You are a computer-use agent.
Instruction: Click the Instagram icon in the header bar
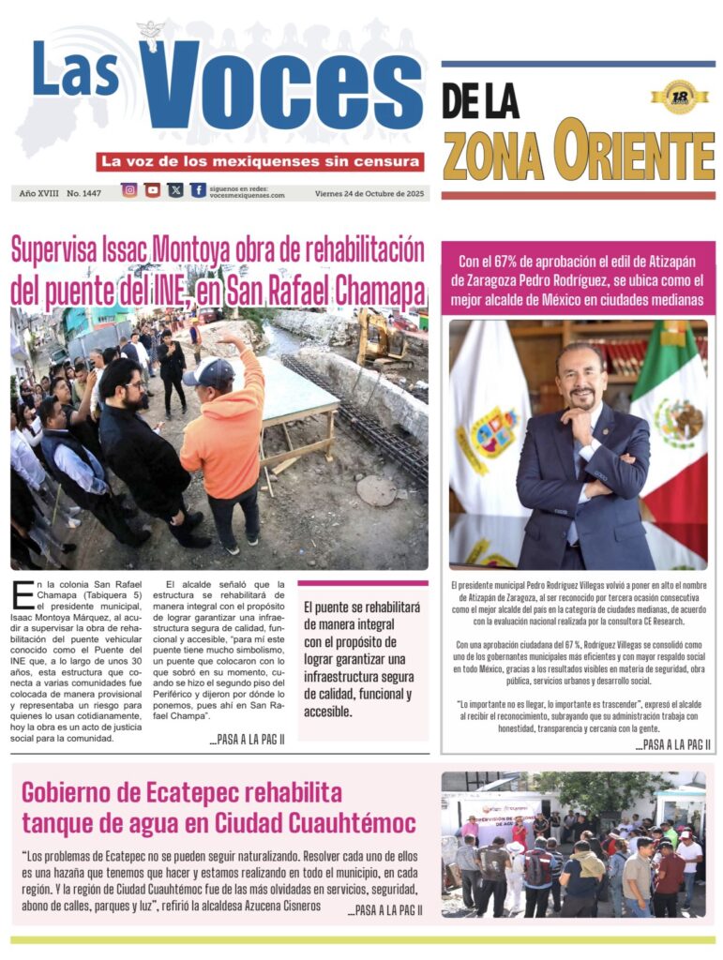[x=129, y=190]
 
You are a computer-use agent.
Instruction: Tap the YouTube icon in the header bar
[x=153, y=190]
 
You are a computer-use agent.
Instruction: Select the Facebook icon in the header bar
[x=198, y=190]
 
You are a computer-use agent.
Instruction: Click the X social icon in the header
[x=175, y=190]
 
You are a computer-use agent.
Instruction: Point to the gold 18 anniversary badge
[x=679, y=97]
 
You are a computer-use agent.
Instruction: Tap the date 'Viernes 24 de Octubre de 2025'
[x=370, y=193]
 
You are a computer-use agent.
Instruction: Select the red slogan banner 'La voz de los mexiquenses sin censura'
[x=261, y=161]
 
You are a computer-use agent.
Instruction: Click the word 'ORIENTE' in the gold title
[x=633, y=151]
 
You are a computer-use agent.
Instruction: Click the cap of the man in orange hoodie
[x=207, y=371]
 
